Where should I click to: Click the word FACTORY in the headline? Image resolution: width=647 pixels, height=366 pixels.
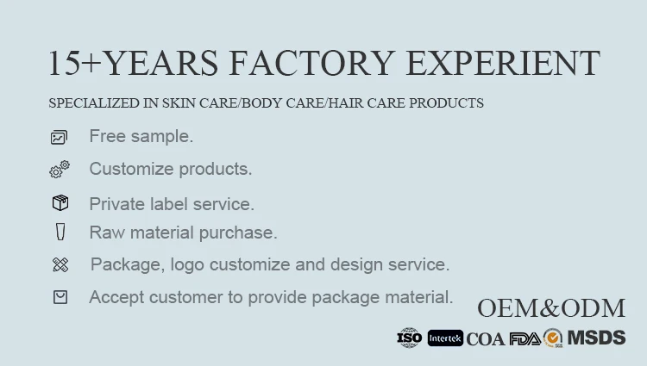(312, 63)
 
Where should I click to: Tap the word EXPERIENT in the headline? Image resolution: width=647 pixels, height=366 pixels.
(503, 63)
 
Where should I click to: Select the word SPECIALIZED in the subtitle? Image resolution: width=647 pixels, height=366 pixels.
(94, 103)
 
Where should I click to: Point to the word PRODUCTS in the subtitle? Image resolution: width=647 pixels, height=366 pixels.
(446, 103)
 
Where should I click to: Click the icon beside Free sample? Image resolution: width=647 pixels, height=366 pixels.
(59, 137)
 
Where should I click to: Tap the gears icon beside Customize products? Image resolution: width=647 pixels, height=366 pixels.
(60, 169)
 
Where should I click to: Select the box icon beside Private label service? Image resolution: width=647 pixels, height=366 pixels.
(60, 203)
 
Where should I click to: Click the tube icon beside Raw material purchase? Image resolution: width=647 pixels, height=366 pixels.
(60, 232)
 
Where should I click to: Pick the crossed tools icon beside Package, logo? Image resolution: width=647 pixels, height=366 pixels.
(60, 264)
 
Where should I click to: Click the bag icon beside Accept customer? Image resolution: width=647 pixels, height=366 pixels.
(60, 297)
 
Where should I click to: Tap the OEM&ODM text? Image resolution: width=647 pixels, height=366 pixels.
(551, 308)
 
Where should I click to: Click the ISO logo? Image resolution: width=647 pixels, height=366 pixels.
(409, 338)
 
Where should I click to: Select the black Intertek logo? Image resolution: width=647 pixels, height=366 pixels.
(445, 338)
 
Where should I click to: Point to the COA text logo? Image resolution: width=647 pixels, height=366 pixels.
(486, 339)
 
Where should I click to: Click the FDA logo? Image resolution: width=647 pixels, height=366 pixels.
(525, 338)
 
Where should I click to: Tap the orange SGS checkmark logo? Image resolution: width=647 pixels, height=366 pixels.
(553, 338)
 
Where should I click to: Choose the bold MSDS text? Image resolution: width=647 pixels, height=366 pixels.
(597, 338)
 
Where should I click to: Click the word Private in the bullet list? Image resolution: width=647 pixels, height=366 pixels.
(116, 204)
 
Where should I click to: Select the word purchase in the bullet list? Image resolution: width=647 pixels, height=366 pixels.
(238, 233)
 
